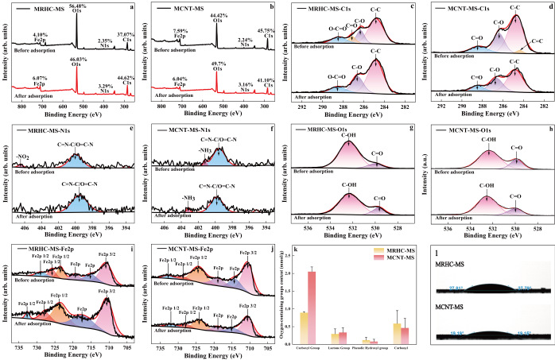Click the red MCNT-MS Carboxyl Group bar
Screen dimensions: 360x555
(x=311, y=318)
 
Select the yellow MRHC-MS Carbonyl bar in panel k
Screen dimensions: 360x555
(x=397, y=333)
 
